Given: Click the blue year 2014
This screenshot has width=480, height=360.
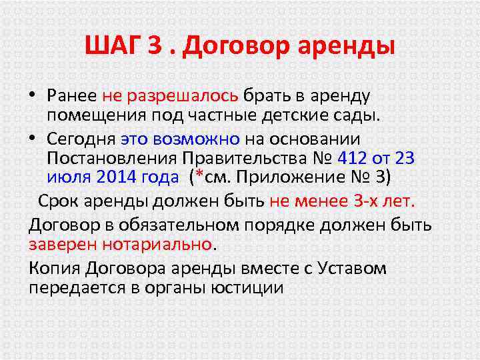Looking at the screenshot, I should click(x=115, y=179).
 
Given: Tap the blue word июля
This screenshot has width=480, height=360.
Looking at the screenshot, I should click(x=69, y=179).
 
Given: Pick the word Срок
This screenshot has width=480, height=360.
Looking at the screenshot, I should click(x=58, y=201).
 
